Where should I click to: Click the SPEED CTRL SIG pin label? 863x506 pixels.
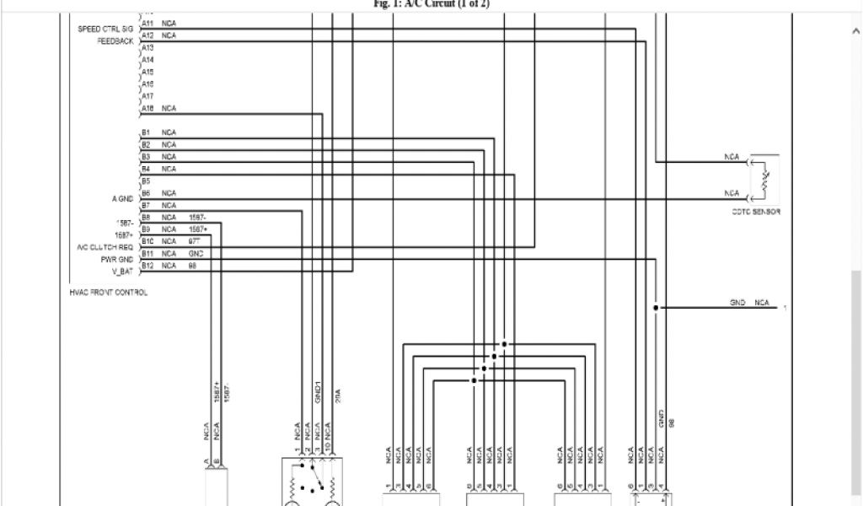coord(105,29)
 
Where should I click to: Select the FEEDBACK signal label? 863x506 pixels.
coord(115,40)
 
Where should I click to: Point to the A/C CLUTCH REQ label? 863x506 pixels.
coord(105,247)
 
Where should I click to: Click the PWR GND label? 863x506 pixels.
coord(117,259)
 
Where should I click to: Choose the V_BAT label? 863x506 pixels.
coord(122,271)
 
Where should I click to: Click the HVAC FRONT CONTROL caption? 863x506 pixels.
coord(109,293)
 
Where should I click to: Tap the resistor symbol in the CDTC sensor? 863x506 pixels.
coord(764,179)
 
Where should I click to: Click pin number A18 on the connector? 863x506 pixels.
coord(147,109)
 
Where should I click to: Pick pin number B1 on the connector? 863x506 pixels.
coord(146,133)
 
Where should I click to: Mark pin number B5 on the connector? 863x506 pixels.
coord(146,181)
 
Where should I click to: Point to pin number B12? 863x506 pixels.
coord(147,266)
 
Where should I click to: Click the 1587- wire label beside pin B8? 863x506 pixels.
coord(198,218)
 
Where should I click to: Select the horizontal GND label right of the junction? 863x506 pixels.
coord(737,303)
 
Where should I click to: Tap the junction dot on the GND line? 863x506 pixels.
coord(655,307)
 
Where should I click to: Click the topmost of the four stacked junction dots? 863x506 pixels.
coord(504,344)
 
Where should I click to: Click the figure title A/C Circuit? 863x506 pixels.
coord(431,4)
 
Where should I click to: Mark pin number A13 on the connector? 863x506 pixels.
coord(147,49)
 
